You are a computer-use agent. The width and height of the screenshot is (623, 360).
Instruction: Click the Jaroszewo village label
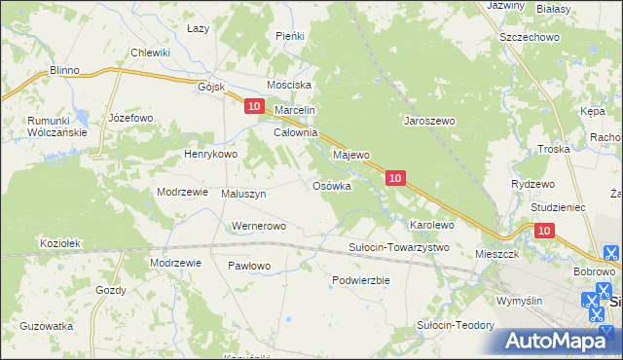[430, 122]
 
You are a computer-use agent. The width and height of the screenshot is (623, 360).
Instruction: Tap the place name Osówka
[331, 186]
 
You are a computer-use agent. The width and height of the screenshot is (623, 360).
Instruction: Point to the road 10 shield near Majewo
[394, 178]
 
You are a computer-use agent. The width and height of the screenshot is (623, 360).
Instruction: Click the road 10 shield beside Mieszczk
[544, 231]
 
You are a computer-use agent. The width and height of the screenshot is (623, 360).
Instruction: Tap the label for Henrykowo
[211, 154]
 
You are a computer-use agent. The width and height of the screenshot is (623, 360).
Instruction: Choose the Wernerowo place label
[257, 227]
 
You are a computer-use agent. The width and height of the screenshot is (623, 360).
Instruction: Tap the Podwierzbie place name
[360, 280]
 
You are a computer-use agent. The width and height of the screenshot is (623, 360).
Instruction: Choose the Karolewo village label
[432, 225]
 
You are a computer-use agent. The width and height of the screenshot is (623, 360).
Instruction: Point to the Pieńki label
[290, 36]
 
